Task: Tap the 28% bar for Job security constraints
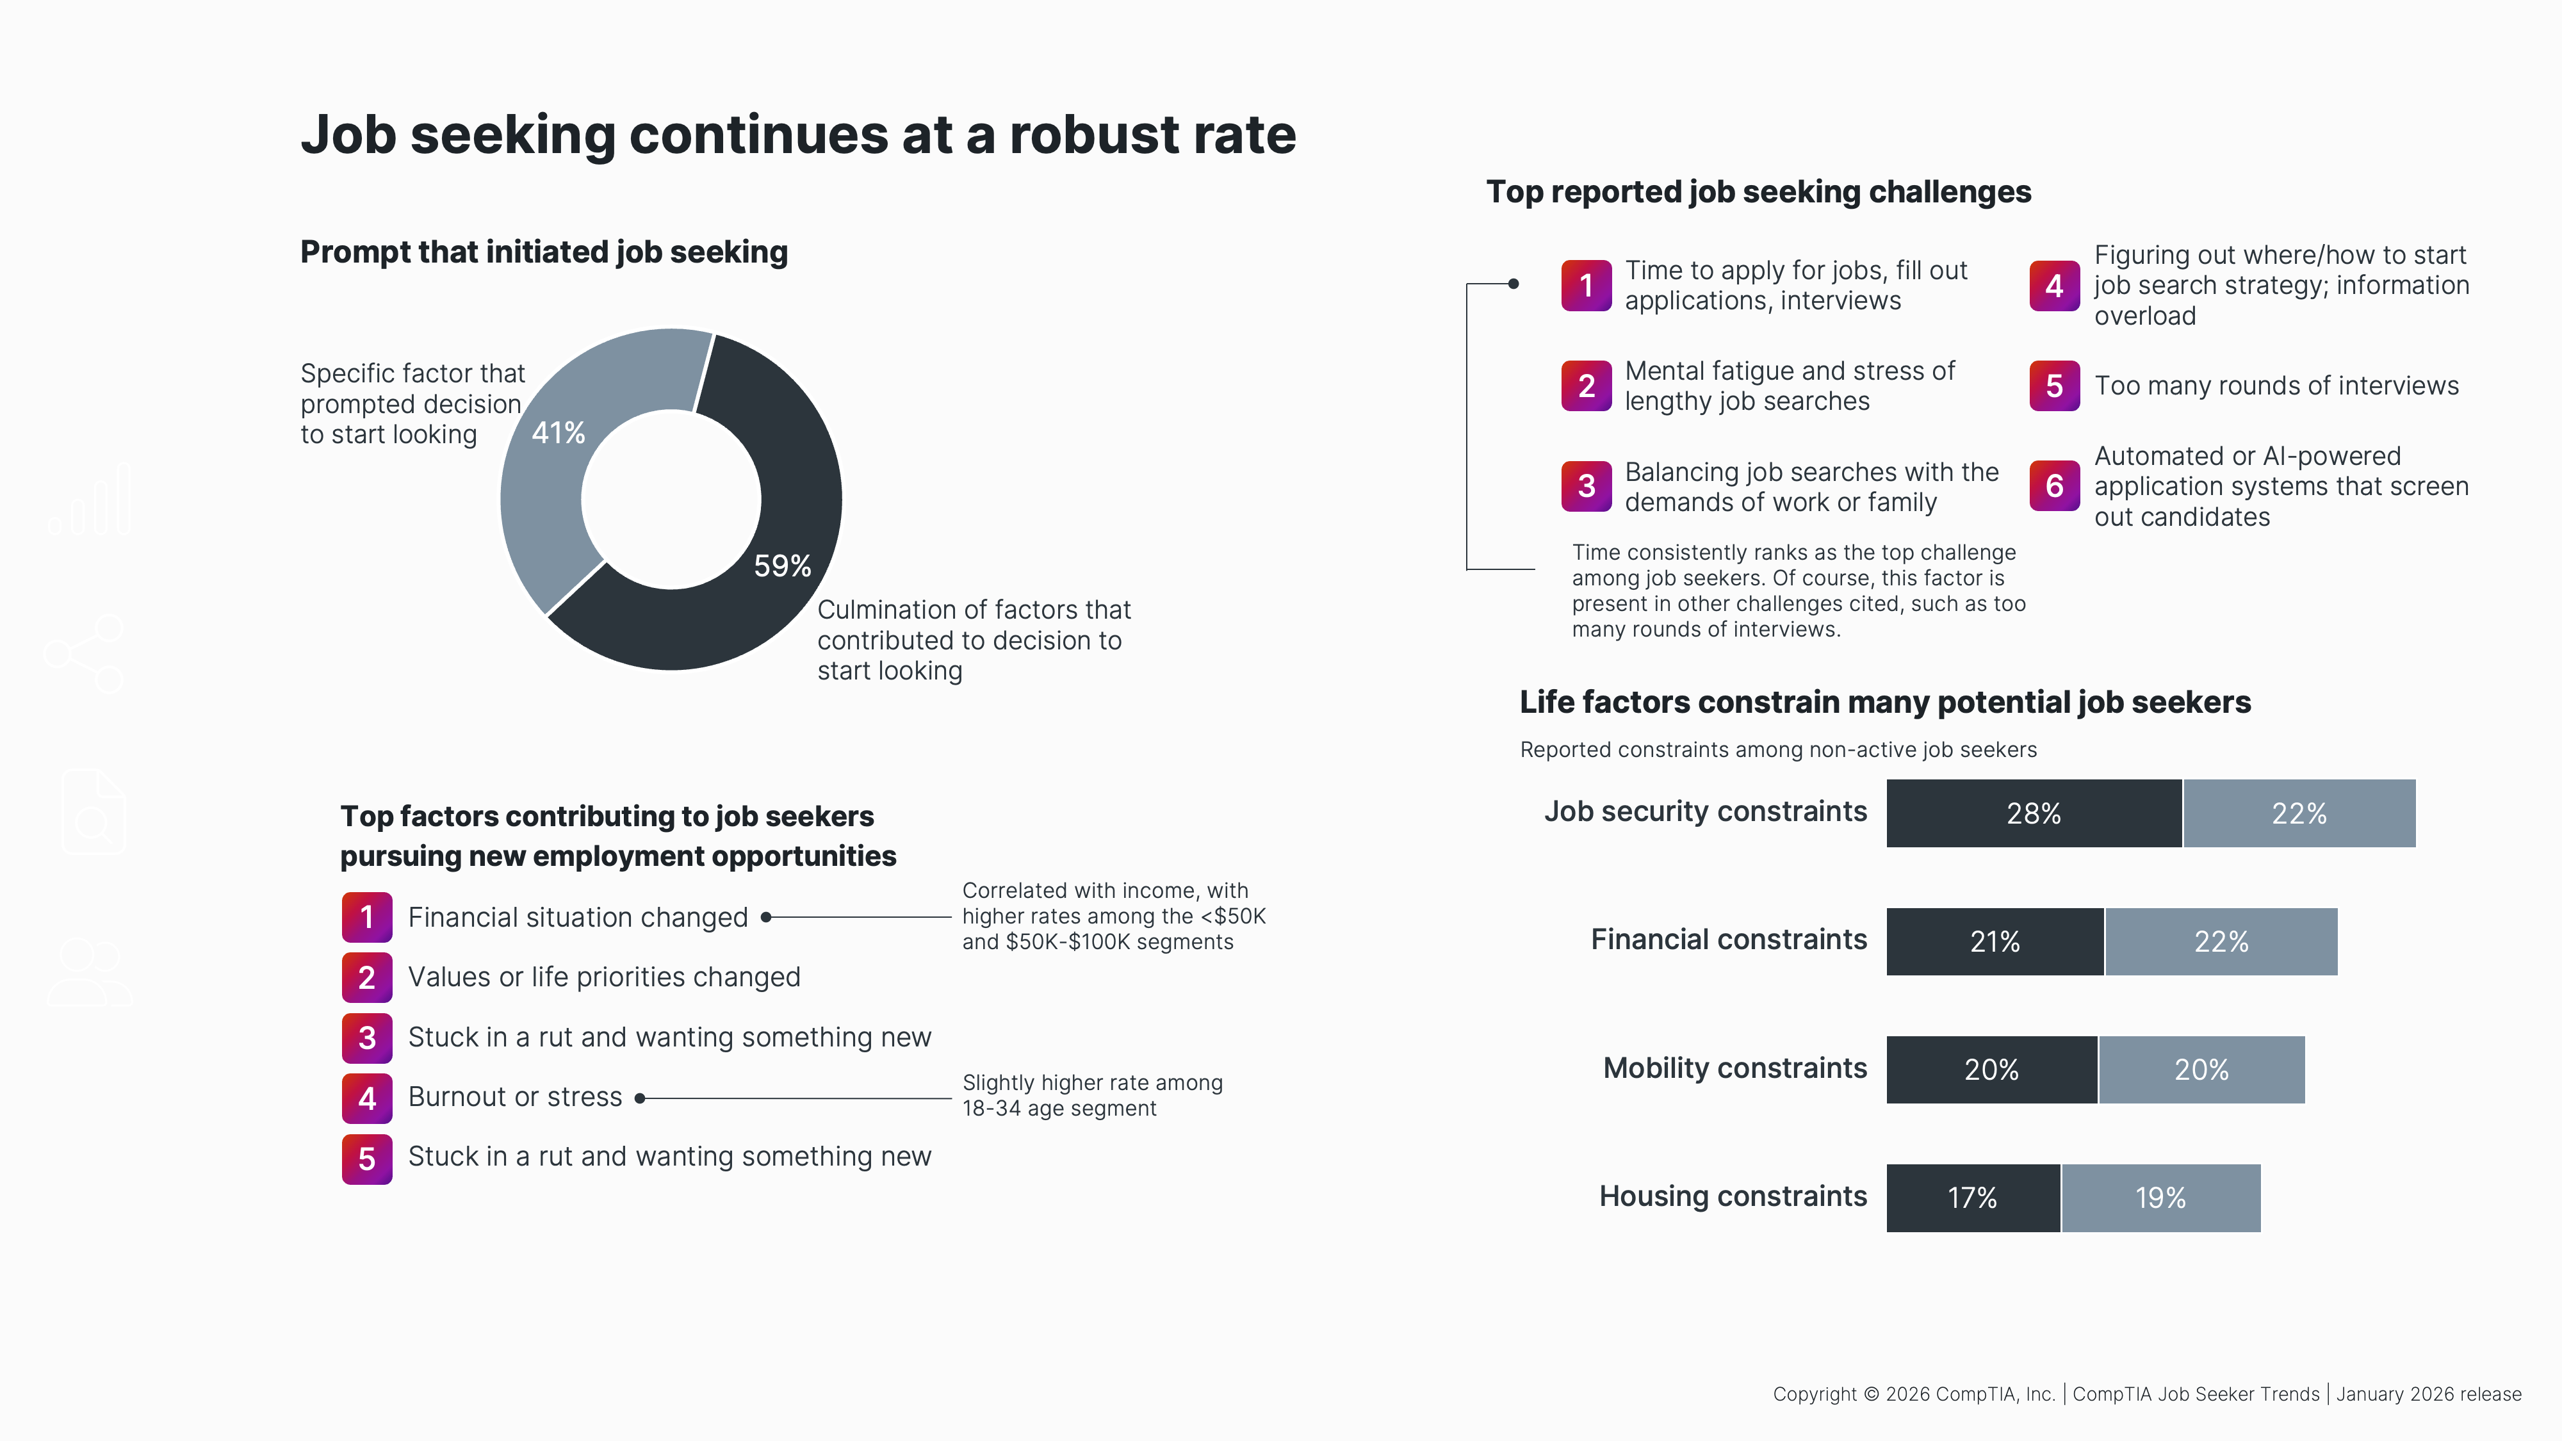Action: tap(2033, 813)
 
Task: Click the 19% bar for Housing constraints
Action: tap(2160, 1198)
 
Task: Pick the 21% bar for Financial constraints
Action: tap(1994, 941)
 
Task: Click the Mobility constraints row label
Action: tap(1734, 1068)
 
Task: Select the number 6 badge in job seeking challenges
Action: tap(2054, 486)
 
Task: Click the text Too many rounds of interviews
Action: tap(2276, 386)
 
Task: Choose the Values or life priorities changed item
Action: tap(604, 977)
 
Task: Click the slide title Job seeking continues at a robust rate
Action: tap(797, 134)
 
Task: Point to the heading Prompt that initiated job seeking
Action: tap(543, 252)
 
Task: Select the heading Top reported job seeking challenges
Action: tap(1758, 192)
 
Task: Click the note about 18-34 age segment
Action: tap(1091, 1096)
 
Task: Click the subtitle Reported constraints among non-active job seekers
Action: tap(1777, 750)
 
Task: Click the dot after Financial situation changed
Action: tap(766, 917)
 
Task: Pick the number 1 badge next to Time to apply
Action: tap(1585, 286)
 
